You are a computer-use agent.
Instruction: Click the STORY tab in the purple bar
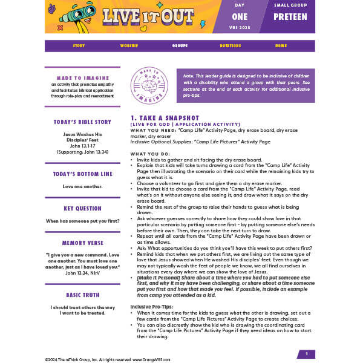click(x=79, y=45)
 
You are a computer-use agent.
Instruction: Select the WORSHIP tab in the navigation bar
click(x=129, y=45)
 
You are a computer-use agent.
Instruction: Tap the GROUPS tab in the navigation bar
click(x=180, y=45)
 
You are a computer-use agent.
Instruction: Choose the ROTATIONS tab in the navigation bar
click(x=230, y=45)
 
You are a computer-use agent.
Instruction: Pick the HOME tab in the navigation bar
click(x=281, y=45)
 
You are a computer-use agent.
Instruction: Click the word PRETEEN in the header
click(x=290, y=17)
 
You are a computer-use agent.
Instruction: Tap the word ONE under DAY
click(x=240, y=17)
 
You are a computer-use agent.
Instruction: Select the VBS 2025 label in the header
click(x=240, y=27)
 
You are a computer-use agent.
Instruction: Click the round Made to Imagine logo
click(x=149, y=85)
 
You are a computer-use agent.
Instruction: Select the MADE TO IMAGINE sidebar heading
click(x=83, y=78)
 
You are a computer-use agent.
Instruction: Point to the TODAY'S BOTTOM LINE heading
click(x=83, y=174)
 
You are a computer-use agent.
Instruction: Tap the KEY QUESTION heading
click(x=83, y=209)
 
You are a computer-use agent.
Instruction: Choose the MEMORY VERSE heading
click(x=83, y=243)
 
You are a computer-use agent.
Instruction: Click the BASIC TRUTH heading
click(x=83, y=295)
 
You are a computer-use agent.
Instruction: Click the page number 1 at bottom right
click(x=306, y=354)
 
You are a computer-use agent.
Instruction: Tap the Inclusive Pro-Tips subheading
click(x=151, y=307)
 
